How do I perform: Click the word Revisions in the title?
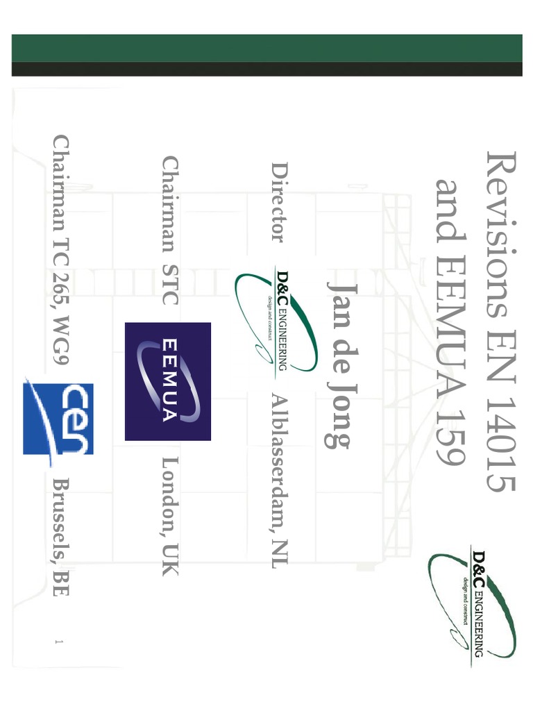click(501, 235)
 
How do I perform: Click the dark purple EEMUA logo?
click(168, 381)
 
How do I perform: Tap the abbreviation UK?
click(171, 560)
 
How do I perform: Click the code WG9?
click(61, 340)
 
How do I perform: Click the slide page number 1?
click(58, 642)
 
